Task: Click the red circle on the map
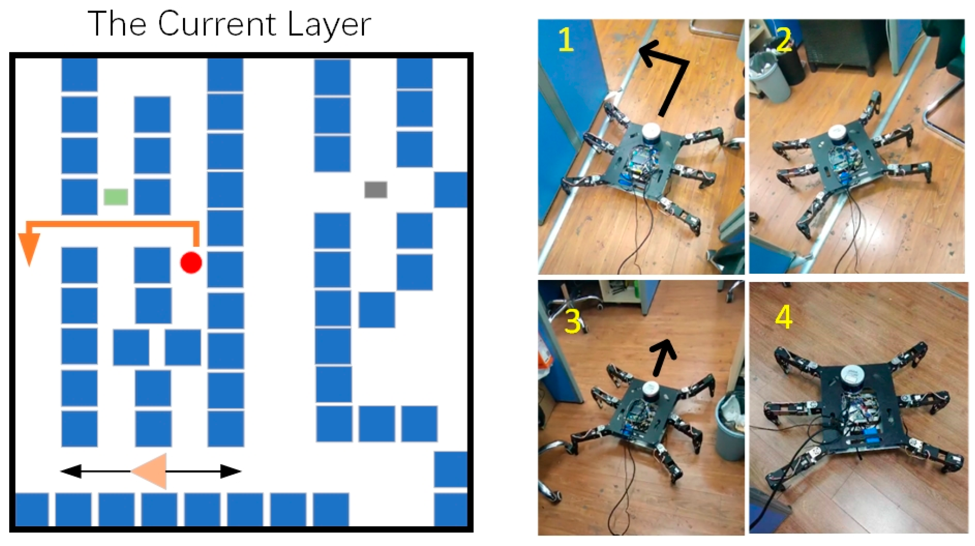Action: pyautogui.click(x=191, y=263)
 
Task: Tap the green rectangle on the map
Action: pyautogui.click(x=116, y=197)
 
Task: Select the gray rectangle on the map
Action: pyautogui.click(x=376, y=190)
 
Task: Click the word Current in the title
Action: pyautogui.click(x=217, y=23)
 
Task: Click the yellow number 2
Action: pyautogui.click(x=783, y=39)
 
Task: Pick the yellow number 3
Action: pyautogui.click(x=573, y=321)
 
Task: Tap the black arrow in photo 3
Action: pyautogui.click(x=662, y=357)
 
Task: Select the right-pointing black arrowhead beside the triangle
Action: pyautogui.click(x=231, y=471)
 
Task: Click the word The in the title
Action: pyautogui.click(x=117, y=23)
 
